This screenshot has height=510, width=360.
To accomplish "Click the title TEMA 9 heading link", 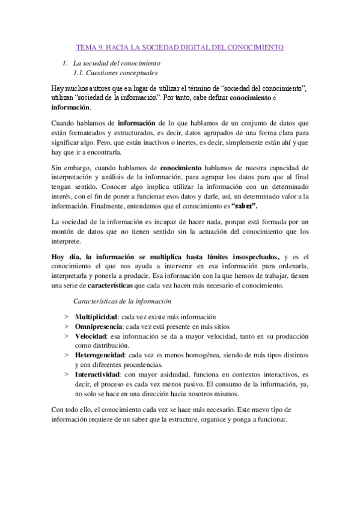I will tap(182, 46).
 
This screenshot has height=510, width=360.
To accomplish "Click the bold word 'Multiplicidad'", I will tap(96, 317).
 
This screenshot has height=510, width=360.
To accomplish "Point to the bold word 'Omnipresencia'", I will tap(98, 327).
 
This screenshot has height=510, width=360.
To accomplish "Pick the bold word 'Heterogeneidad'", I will tap(100, 355).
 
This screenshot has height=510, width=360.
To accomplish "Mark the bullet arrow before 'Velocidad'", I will tap(66, 336).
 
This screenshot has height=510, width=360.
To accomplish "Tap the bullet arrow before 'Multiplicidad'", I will tap(66, 317).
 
